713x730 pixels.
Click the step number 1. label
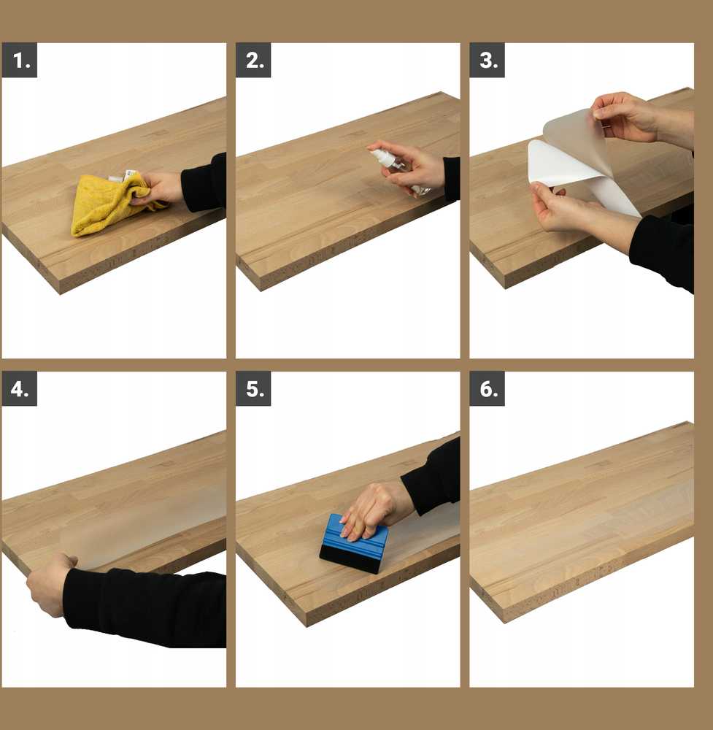pyautogui.click(x=20, y=60)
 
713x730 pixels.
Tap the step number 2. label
pyautogui.click(x=254, y=60)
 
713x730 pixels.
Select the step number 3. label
pyautogui.click(x=487, y=60)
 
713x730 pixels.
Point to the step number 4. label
pyautogui.click(x=20, y=389)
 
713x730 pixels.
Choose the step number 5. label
pyautogui.click(x=254, y=389)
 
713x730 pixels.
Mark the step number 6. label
pyautogui.click(x=487, y=389)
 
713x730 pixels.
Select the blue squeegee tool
pyautogui.click(x=355, y=543)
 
